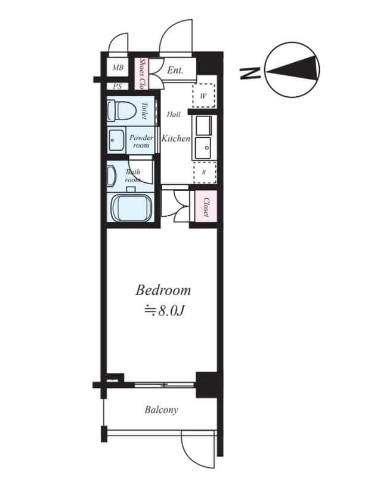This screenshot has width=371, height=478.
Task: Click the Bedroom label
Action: (163, 291)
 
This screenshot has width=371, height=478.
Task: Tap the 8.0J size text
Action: (163, 311)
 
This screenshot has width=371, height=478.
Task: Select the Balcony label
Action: (161, 410)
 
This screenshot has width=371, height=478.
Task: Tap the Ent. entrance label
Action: (174, 71)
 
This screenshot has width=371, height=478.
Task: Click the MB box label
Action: (118, 68)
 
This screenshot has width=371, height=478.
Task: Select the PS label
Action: (117, 86)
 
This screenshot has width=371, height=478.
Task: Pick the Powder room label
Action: (141, 141)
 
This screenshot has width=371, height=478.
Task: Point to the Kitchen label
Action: (176, 139)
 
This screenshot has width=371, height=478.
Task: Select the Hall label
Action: (174, 114)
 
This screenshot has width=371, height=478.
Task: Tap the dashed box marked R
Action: (203, 172)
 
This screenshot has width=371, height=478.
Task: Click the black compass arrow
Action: (292, 70)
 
